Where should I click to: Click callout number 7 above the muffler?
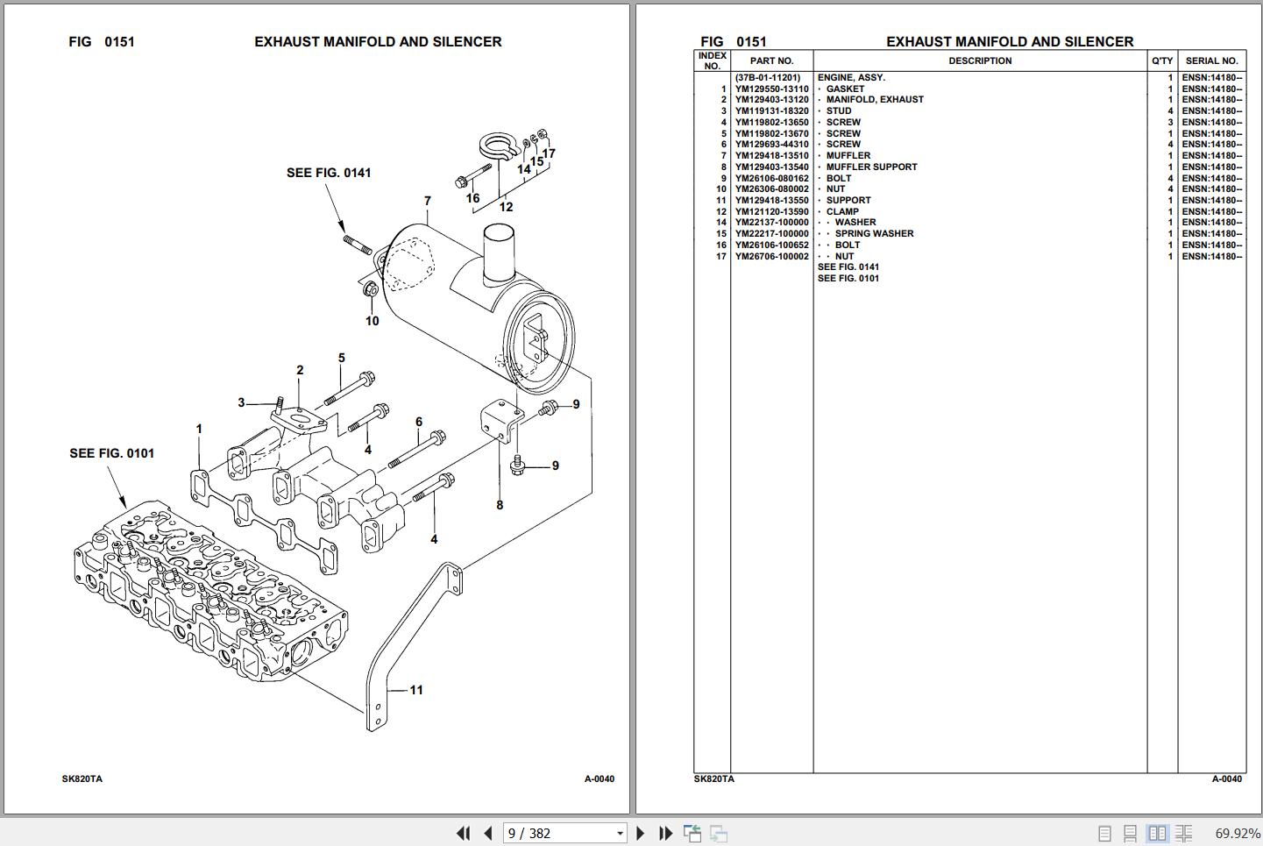pos(428,202)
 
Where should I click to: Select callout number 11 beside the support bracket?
pos(416,690)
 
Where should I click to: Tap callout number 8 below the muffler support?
pos(500,505)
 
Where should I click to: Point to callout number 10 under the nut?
pos(373,321)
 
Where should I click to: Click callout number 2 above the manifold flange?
pos(300,371)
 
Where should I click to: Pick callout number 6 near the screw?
pos(419,423)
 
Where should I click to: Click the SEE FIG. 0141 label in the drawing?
pos(329,173)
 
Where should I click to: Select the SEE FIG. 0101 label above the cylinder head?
pos(111,453)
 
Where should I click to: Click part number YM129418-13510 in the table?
pos(771,156)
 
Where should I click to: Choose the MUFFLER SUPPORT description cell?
pos(871,167)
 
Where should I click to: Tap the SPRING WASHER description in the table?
pos(874,234)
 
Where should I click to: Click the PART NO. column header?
pos(771,61)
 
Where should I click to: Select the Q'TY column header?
pos(1161,61)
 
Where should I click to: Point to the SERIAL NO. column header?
pos(1211,61)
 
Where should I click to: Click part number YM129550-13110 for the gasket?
pos(771,89)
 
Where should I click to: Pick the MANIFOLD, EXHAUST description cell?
pos(875,100)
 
